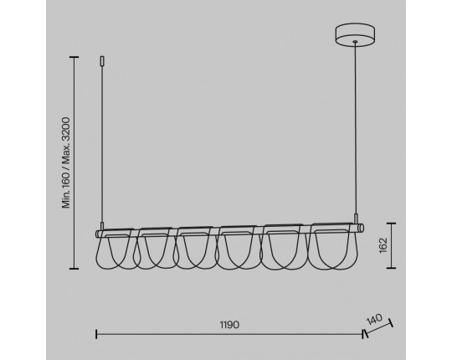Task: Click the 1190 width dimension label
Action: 229,325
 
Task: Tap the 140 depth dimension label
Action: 374,319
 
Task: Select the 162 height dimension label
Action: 383,245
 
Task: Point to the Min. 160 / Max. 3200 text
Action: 66,162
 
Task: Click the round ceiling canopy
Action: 355,34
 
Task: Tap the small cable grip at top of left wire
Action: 102,61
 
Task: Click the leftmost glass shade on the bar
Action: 116,249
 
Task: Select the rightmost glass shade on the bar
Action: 333,246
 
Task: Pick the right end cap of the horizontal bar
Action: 362,228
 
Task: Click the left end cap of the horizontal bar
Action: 98,234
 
